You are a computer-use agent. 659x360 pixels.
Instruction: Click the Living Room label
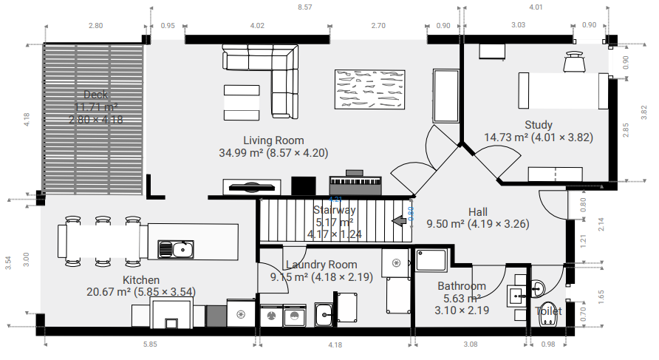pyautogui.click(x=273, y=140)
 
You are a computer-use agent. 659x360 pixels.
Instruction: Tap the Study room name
pyautogui.click(x=539, y=125)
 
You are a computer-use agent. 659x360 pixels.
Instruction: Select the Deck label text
pyautogui.click(x=95, y=95)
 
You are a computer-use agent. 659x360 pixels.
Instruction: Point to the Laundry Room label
pyautogui.click(x=321, y=265)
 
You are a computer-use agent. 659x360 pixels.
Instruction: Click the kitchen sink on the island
pyautogui.click(x=176, y=249)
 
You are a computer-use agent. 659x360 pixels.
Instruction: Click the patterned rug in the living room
pyautogui.click(x=370, y=89)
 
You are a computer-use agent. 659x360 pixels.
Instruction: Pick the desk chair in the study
pyautogui.click(x=575, y=62)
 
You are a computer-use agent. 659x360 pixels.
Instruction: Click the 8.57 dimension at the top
pyautogui.click(x=304, y=7)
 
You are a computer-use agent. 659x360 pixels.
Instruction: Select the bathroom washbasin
pyautogui.click(x=517, y=294)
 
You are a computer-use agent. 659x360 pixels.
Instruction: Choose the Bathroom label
pyautogui.click(x=462, y=286)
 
